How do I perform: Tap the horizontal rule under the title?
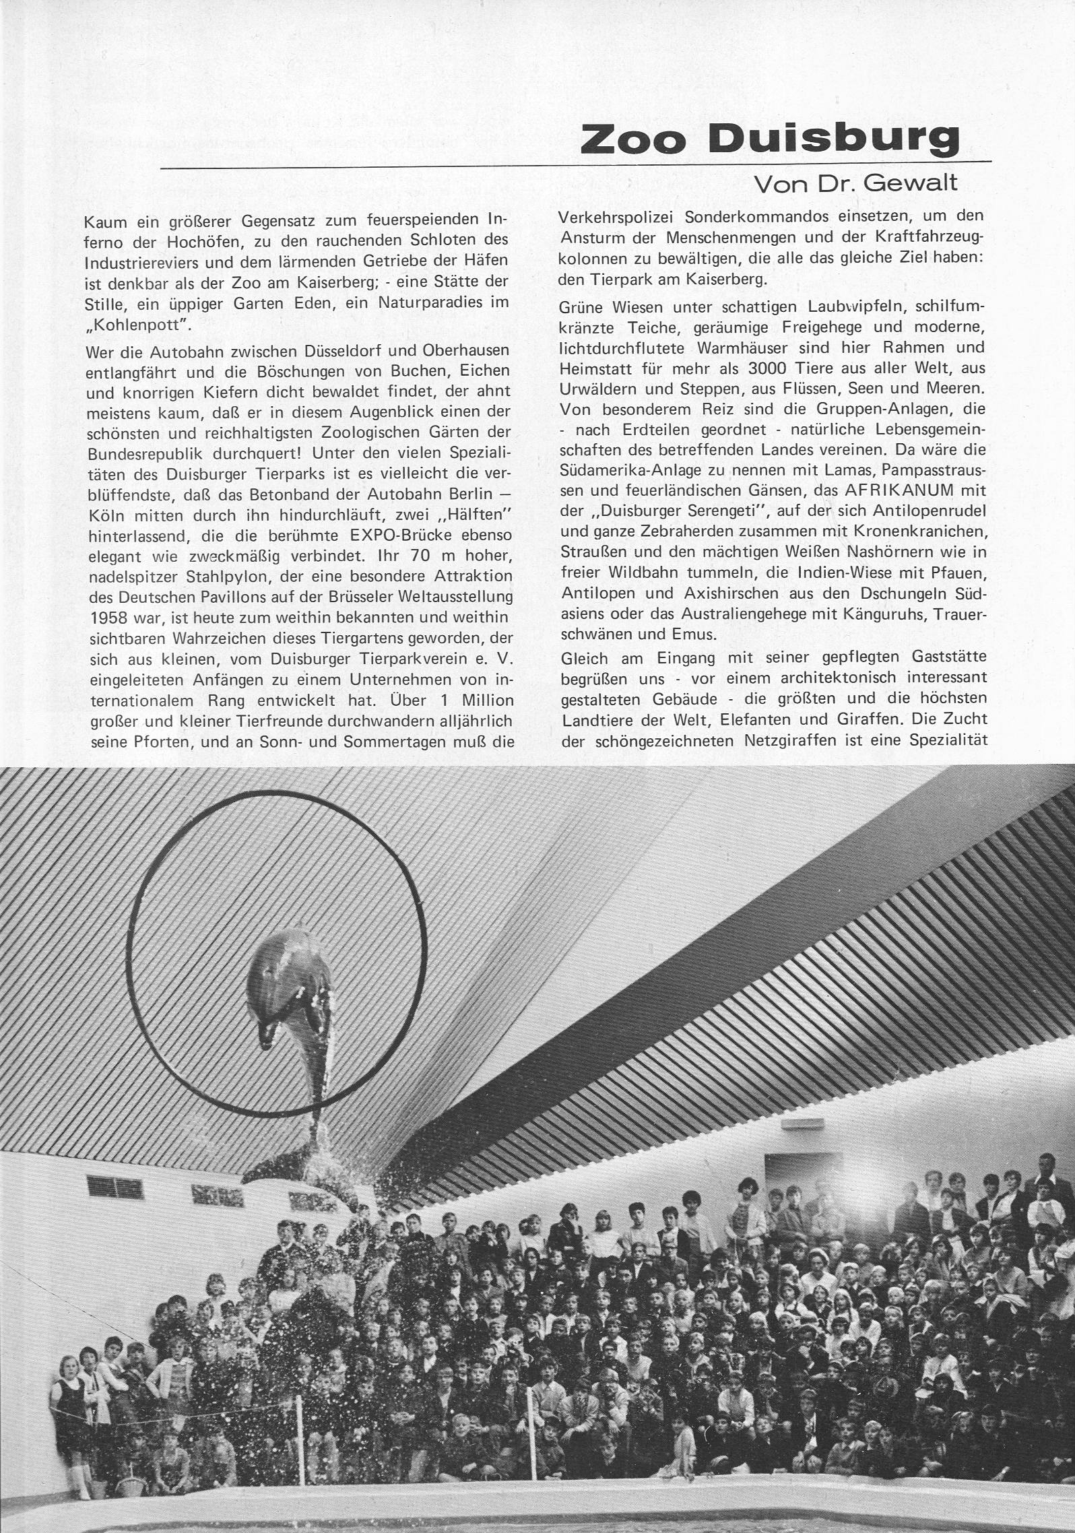tap(576, 164)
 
